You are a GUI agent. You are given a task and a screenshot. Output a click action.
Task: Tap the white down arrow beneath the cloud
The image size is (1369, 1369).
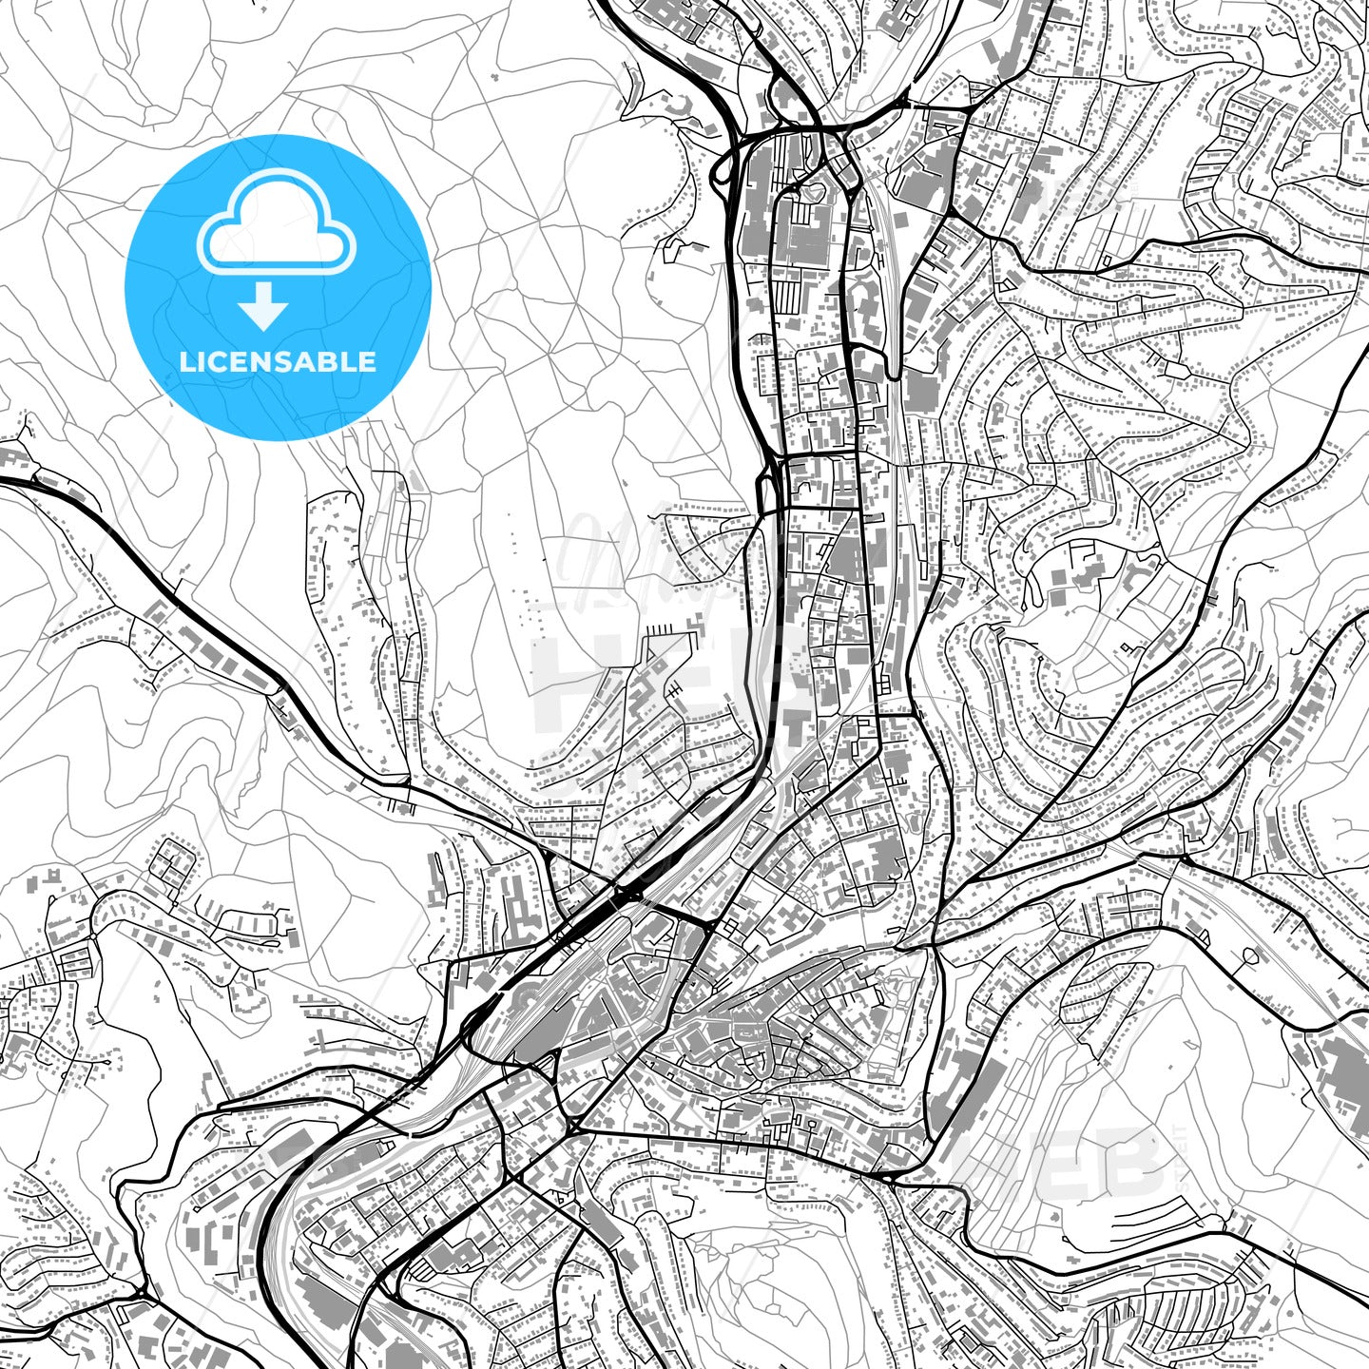click(x=263, y=307)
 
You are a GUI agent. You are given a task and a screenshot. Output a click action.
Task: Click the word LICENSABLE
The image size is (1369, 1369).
click(x=278, y=361)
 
